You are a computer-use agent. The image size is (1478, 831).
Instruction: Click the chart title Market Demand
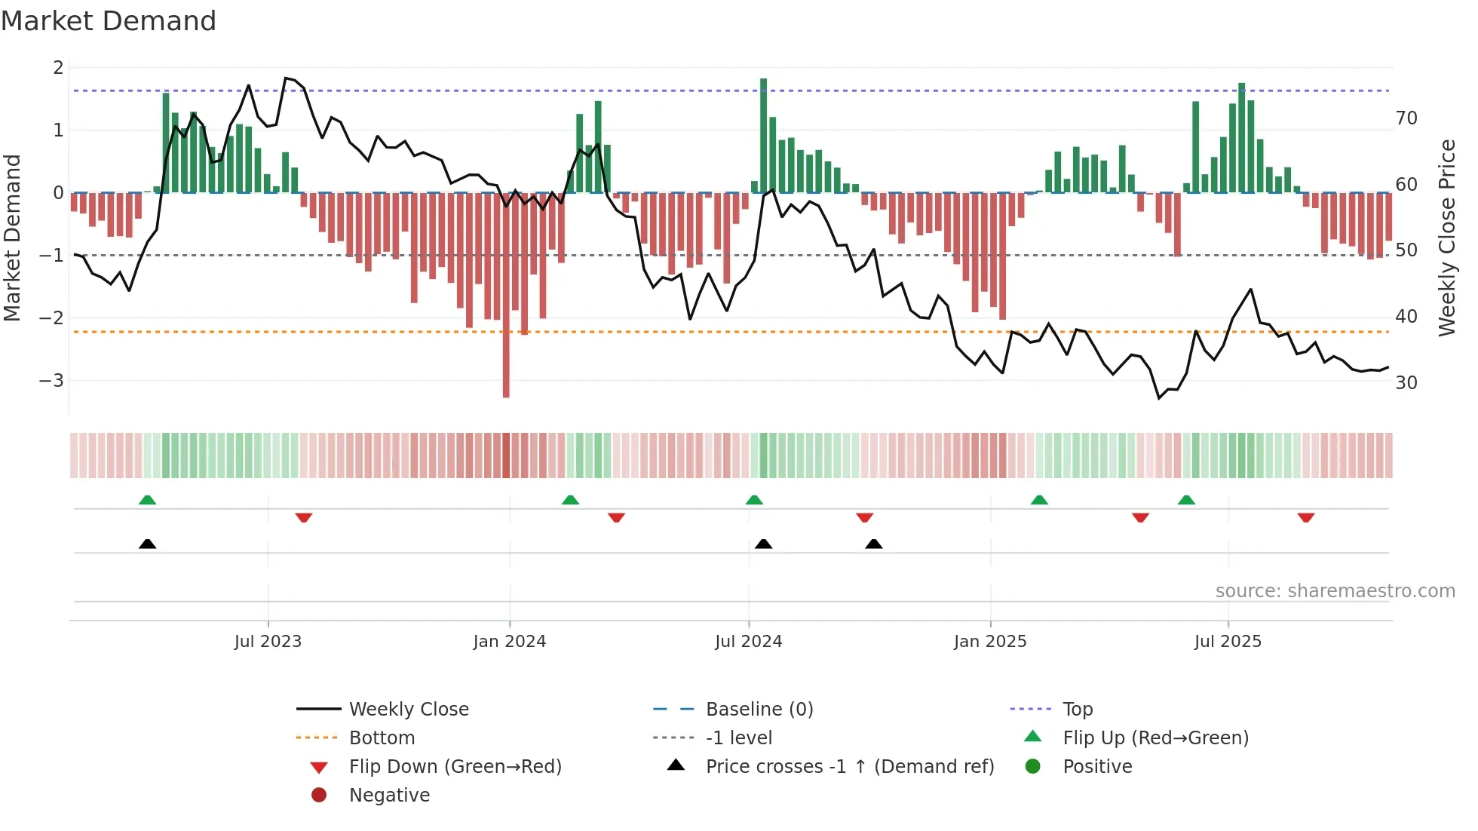(x=109, y=21)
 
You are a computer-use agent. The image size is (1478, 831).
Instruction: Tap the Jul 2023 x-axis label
(x=268, y=642)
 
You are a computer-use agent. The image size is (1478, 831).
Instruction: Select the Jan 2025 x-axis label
(x=989, y=642)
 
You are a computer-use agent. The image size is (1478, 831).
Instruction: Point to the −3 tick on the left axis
(x=51, y=381)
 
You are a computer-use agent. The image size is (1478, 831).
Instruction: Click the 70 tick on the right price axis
(x=1406, y=118)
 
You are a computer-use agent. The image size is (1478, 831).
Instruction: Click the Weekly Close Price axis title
(x=1446, y=238)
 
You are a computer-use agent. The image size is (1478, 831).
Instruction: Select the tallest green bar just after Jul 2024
(x=763, y=136)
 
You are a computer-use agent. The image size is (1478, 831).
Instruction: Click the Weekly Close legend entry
(x=408, y=710)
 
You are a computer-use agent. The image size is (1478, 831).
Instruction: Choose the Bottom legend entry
(x=382, y=738)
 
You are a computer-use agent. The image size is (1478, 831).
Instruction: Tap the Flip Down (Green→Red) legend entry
(x=455, y=767)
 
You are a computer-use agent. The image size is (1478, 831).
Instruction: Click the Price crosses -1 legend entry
(x=849, y=767)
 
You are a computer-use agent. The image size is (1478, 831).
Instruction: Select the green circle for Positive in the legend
(x=1033, y=767)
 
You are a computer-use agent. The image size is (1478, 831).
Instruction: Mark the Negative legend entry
(x=389, y=796)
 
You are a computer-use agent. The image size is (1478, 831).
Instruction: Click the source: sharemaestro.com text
(x=1335, y=591)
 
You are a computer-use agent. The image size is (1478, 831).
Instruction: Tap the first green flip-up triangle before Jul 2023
(x=148, y=500)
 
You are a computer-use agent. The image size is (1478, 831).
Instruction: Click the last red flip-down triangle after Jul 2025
(x=1306, y=517)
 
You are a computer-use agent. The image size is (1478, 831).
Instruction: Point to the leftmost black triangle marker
(x=148, y=544)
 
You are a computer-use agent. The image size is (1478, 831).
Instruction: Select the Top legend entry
(x=1077, y=710)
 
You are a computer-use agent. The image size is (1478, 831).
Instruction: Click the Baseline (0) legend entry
(x=759, y=710)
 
